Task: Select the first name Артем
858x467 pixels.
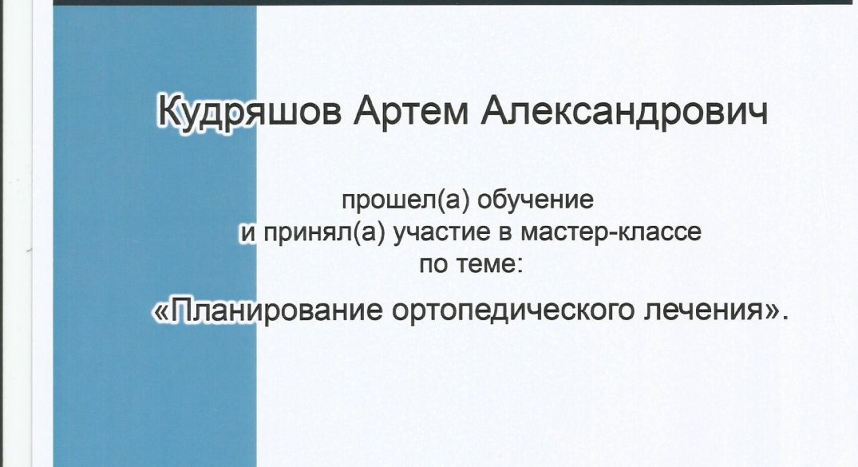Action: [410, 111]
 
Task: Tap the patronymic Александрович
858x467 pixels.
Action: [624, 111]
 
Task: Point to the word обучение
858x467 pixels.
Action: [536, 200]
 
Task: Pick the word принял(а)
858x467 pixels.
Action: [325, 233]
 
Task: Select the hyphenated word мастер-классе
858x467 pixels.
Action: [611, 232]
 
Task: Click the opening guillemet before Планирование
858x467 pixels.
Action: [161, 313]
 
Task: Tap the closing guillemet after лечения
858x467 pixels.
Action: [772, 313]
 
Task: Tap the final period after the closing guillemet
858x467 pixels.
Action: [786, 319]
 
